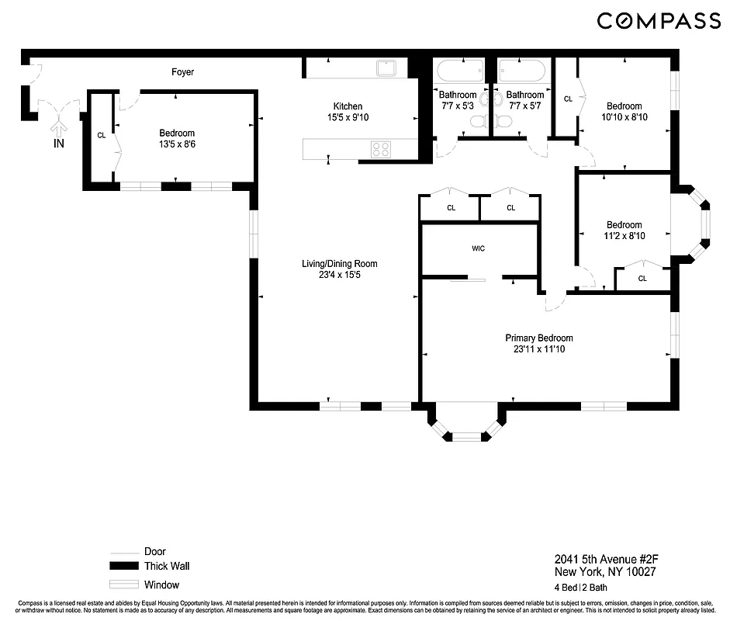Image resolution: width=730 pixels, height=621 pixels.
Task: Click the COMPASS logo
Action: point(659,21)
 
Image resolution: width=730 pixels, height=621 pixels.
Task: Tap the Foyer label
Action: point(182,72)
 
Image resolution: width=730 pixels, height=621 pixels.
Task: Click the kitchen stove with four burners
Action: point(380,149)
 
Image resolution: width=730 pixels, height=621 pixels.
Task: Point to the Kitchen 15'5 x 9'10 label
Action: point(348,112)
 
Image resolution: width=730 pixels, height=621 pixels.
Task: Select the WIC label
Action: point(479,249)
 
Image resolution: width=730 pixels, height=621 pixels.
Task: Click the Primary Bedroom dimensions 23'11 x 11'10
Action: point(538,349)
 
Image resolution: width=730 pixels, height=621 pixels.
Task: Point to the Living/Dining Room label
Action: point(339,269)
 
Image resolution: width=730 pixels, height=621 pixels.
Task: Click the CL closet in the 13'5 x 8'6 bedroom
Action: point(101,136)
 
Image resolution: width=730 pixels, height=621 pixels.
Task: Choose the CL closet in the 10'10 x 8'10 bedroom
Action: point(568,99)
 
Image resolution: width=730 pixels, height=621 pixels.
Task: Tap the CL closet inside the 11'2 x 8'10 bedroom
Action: point(642,279)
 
